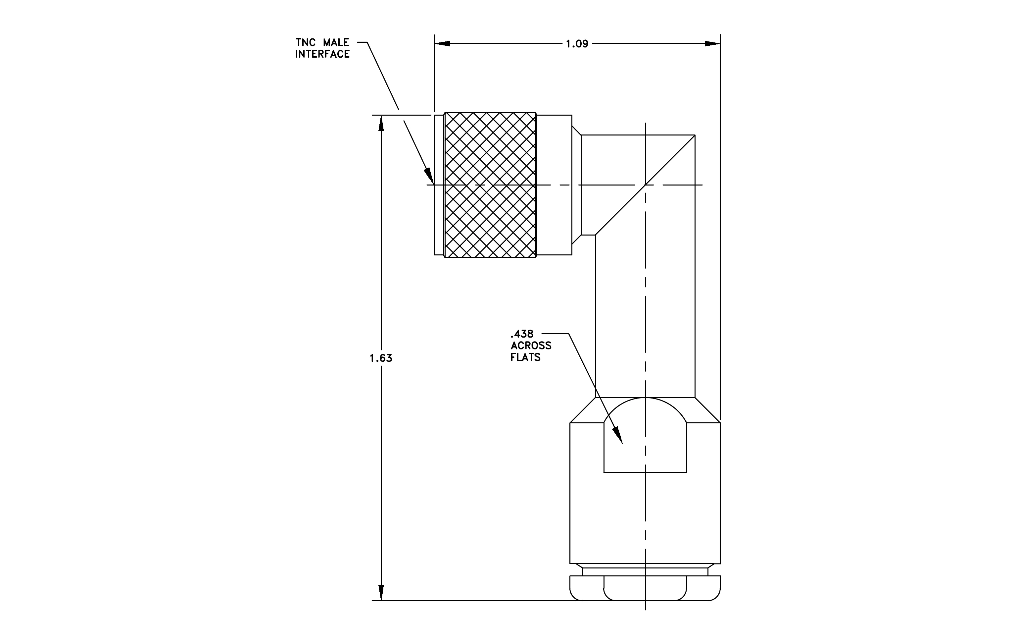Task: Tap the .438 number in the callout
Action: [522, 334]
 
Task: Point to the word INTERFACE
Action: [322, 54]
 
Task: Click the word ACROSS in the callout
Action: [531, 346]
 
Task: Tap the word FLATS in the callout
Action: [525, 357]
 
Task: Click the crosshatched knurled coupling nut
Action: [490, 185]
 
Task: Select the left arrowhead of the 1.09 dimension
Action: [442, 43]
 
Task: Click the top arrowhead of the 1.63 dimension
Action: [381, 123]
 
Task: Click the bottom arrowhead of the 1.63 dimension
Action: [381, 593]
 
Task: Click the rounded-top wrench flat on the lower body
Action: [645, 443]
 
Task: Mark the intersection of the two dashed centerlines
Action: [645, 185]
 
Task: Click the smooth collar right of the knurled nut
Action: [554, 185]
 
